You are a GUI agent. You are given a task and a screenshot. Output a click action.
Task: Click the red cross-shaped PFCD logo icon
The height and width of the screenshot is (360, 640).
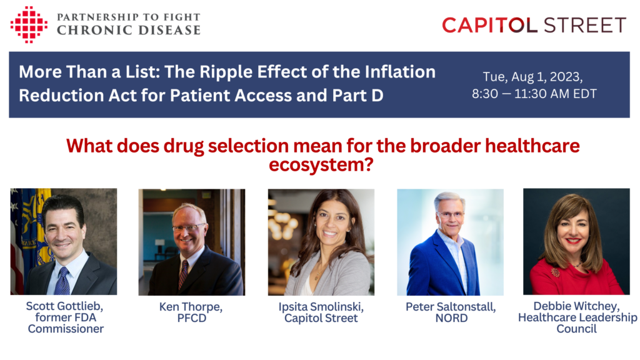tap(29, 24)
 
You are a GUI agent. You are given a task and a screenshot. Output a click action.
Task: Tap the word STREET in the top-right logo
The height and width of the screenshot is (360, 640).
tap(585, 25)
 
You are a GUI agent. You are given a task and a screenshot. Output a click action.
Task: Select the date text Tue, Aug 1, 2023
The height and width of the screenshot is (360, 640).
tap(532, 77)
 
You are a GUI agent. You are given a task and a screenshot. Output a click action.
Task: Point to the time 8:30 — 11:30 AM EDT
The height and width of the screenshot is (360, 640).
tap(534, 94)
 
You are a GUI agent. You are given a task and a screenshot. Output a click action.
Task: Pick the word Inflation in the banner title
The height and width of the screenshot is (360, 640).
tap(400, 72)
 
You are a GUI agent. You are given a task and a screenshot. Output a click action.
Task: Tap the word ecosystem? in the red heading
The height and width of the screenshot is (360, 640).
tap(321, 165)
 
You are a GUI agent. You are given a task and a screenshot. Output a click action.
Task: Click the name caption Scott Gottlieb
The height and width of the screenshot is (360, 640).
tap(64, 306)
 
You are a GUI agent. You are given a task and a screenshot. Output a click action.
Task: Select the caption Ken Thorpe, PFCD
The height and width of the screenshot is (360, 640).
tap(191, 312)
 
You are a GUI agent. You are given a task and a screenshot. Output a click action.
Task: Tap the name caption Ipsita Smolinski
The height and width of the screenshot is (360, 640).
tap(321, 306)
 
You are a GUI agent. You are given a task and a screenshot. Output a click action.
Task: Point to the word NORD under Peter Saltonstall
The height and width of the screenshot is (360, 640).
tap(451, 318)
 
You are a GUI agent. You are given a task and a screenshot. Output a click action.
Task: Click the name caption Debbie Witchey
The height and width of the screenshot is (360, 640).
tap(576, 306)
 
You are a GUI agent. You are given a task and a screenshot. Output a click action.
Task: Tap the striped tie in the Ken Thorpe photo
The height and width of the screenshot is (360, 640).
tap(183, 274)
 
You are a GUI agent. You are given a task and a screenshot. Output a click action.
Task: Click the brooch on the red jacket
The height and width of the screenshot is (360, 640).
tap(555, 272)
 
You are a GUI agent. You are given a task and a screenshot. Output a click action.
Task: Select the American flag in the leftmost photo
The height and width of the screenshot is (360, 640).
tap(16, 241)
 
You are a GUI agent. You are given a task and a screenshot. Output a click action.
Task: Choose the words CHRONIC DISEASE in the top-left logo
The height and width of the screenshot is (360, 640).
tap(129, 30)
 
